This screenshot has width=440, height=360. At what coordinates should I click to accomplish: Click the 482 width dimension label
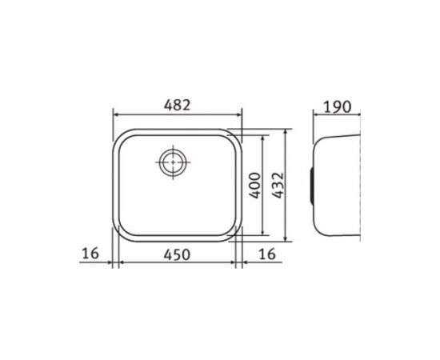[x=177, y=106]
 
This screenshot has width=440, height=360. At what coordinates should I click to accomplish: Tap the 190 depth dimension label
[x=338, y=107]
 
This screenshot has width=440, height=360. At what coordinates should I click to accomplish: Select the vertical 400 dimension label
[x=255, y=186]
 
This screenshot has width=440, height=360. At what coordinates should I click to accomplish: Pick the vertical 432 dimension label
[x=278, y=186]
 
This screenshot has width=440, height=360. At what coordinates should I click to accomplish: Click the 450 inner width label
[x=177, y=254]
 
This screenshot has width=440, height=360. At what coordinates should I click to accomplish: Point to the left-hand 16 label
[x=90, y=254]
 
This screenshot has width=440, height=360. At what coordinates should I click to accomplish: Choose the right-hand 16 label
[x=267, y=254]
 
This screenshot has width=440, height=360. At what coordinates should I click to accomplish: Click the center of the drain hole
[x=173, y=162]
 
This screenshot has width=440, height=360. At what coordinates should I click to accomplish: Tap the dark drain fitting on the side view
[x=312, y=186]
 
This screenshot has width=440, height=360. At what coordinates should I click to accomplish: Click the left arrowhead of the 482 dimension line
[x=115, y=114]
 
